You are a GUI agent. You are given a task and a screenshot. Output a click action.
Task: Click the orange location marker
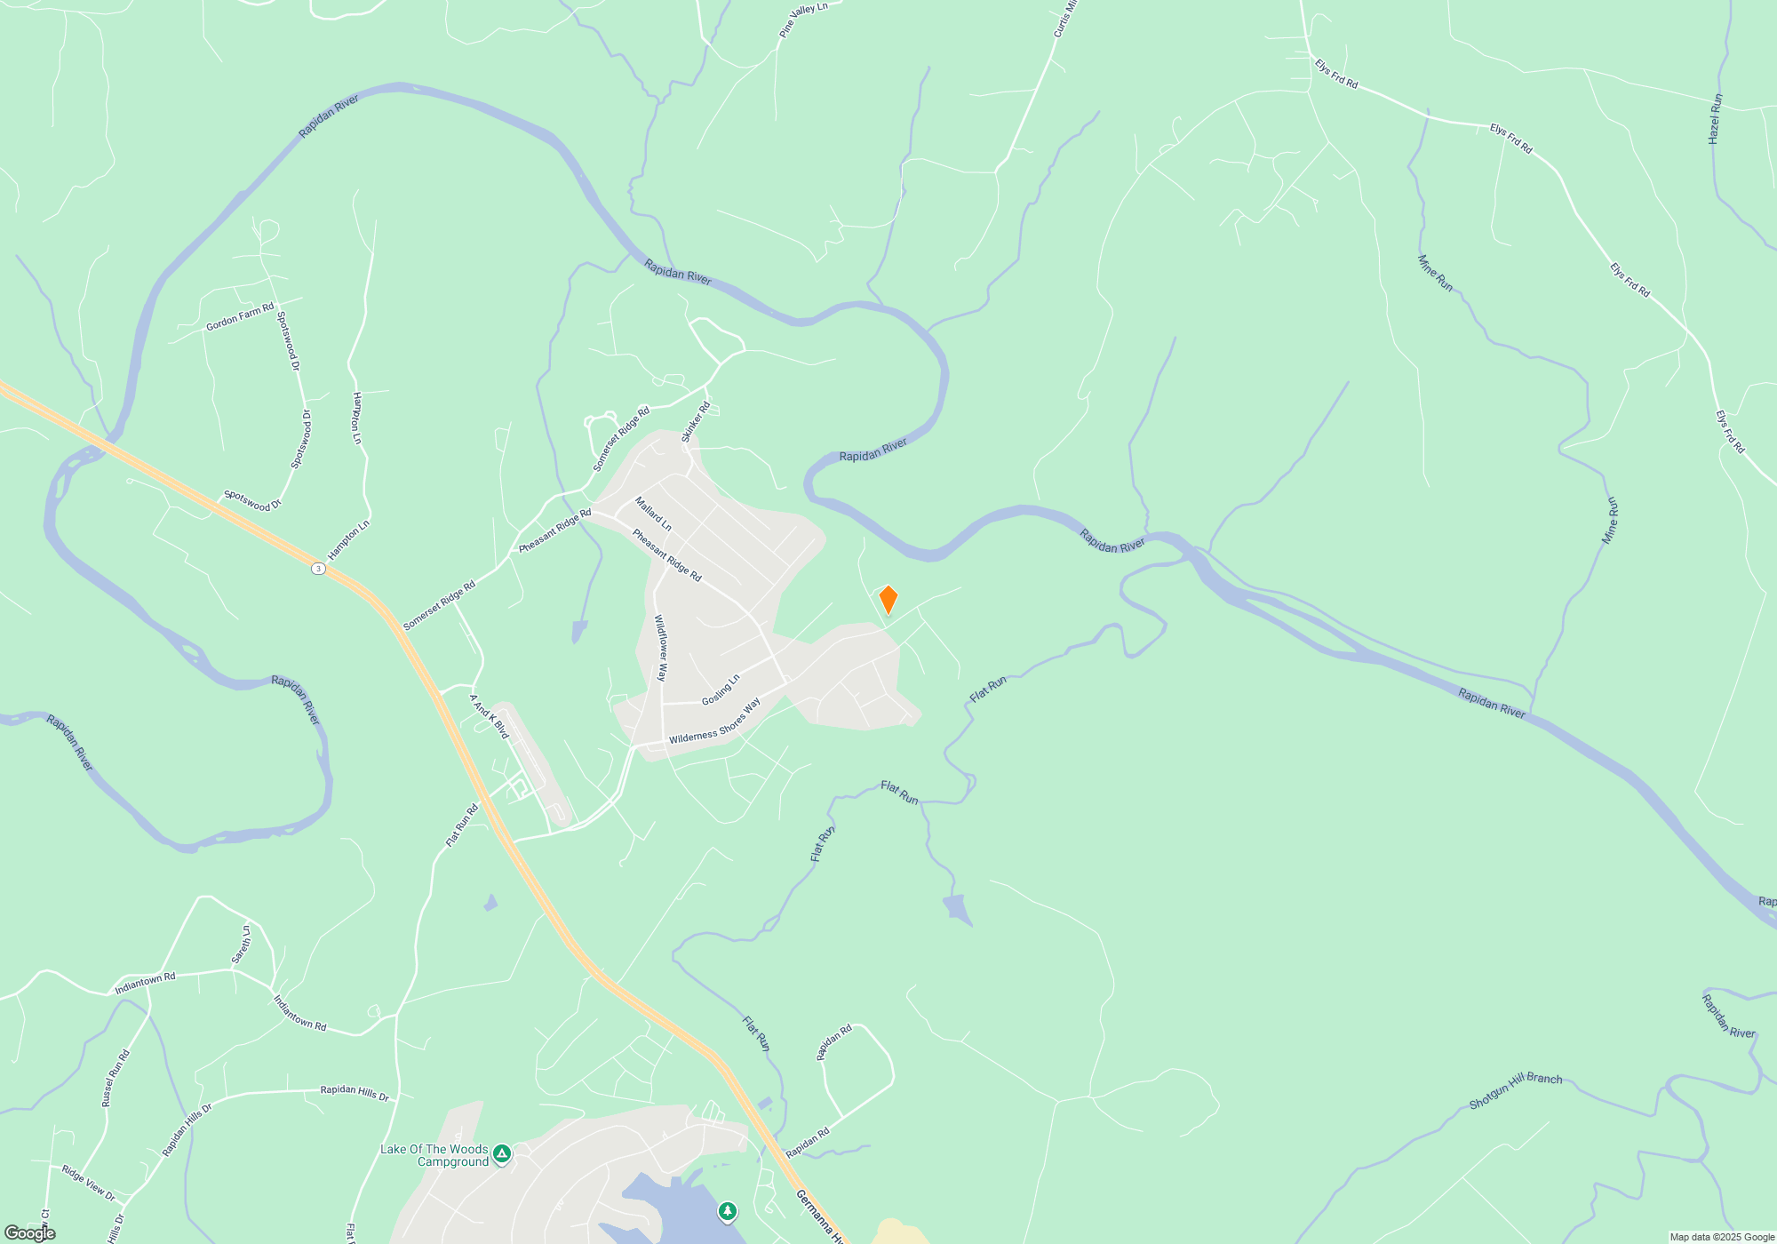tap(888, 600)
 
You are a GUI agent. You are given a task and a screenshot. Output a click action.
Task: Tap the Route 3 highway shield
tap(318, 568)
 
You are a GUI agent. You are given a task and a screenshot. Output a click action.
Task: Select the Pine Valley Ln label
tap(803, 20)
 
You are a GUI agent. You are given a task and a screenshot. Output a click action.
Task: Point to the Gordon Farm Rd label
tap(240, 317)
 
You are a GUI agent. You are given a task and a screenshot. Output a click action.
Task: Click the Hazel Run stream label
tap(1715, 119)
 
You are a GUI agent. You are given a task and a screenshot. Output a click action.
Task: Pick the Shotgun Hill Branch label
tap(1515, 1090)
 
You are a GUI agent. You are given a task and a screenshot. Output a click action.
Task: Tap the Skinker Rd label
tap(696, 422)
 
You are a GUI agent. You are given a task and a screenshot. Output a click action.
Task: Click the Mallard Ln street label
tap(653, 514)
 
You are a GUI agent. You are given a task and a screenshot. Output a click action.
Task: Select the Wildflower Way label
tap(660, 648)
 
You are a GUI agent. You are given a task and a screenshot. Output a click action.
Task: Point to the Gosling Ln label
tap(721, 690)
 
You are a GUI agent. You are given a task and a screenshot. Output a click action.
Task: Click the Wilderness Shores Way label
tap(714, 722)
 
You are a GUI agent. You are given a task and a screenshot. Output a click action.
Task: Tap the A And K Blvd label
tap(489, 716)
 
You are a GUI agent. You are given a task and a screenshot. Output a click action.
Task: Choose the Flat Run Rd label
tap(462, 825)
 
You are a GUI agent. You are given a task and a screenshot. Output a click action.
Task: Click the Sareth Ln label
tap(241, 945)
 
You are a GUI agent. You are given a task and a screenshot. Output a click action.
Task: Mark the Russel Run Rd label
tap(116, 1078)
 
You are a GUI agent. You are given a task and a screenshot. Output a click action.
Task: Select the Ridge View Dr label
tap(88, 1184)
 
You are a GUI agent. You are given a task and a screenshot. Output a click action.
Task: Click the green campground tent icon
tap(502, 1153)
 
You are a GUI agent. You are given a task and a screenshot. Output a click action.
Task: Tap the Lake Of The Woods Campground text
tap(434, 1155)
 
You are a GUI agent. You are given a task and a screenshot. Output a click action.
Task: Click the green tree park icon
tap(728, 1211)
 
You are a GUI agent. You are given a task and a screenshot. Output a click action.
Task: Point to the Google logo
tap(30, 1233)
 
